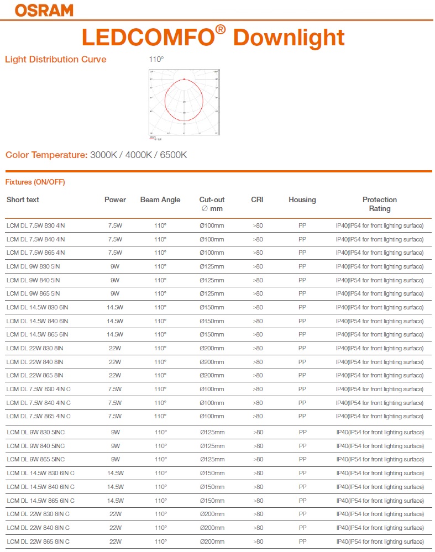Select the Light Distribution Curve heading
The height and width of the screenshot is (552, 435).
click(x=55, y=60)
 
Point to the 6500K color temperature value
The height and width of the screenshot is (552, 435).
click(x=173, y=155)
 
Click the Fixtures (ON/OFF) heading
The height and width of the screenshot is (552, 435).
click(x=35, y=182)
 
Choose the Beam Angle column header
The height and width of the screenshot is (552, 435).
click(x=160, y=200)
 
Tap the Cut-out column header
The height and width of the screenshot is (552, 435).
click(x=212, y=200)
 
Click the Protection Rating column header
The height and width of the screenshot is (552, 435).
click(x=380, y=204)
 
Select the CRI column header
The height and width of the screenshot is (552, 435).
click(x=257, y=200)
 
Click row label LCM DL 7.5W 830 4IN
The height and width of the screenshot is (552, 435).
click(x=35, y=225)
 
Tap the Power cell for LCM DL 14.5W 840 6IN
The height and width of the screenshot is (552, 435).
click(x=115, y=321)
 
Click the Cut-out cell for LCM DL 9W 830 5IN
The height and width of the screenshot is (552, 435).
click(x=212, y=266)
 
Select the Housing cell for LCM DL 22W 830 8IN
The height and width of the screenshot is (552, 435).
click(x=302, y=349)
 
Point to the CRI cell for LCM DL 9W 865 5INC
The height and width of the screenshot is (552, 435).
click(x=258, y=460)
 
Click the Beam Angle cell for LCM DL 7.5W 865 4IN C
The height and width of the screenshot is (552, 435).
click(x=160, y=416)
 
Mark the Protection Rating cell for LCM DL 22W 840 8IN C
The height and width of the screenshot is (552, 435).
click(x=380, y=528)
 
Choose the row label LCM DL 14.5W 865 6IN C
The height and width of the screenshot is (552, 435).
click(x=40, y=501)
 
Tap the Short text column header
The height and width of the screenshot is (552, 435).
click(x=23, y=200)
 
